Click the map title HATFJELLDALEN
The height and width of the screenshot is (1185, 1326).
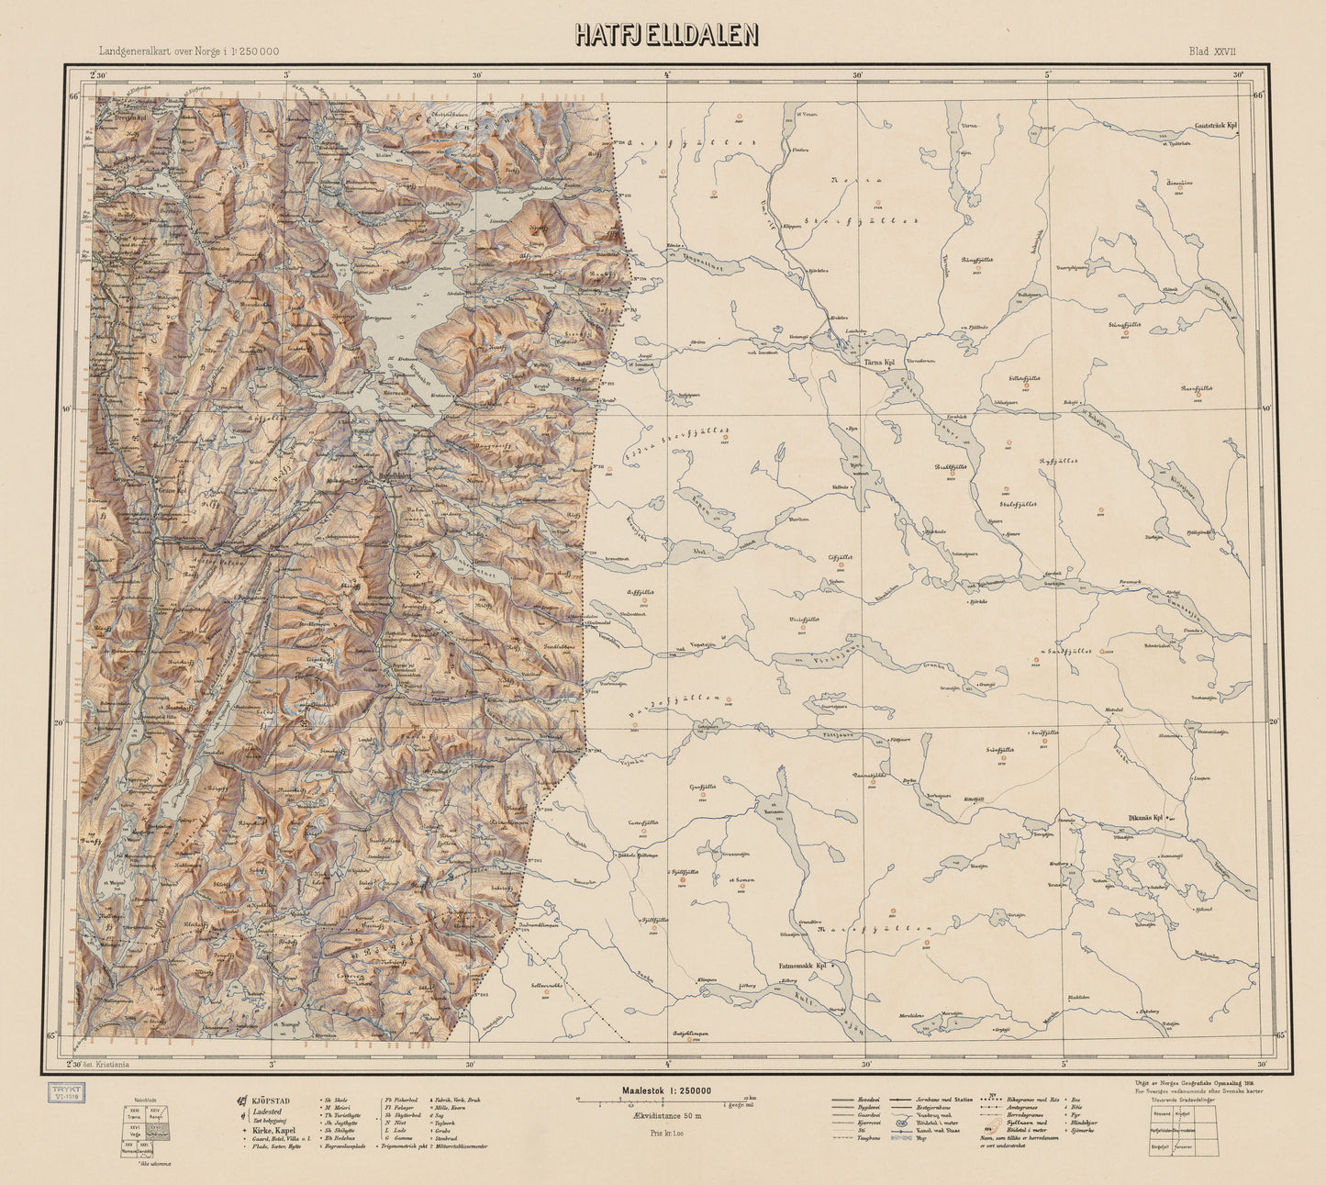[666, 34]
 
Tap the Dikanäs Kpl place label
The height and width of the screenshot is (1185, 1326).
[1145, 817]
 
